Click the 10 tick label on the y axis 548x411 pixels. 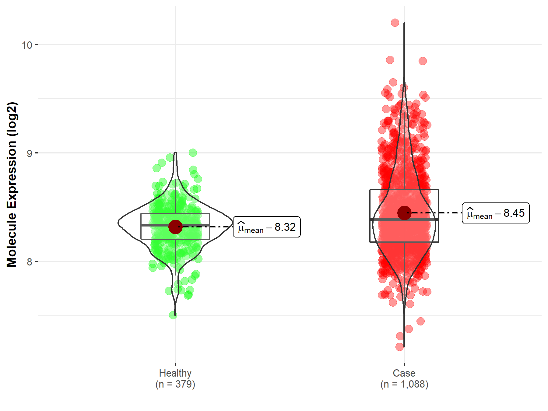click(27, 45)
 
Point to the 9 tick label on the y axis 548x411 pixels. click(29, 153)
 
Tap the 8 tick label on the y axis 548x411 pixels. click(29, 262)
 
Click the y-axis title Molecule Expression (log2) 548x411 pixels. click(12, 184)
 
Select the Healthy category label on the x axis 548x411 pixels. click(175, 373)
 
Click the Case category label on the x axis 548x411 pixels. click(404, 373)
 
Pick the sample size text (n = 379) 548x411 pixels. click(175, 384)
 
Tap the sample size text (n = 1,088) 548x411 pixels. click(404, 384)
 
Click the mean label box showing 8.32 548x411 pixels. click(267, 227)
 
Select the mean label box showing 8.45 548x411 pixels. click(496, 213)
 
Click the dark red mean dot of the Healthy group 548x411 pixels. click(175, 227)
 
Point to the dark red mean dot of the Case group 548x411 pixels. click(404, 213)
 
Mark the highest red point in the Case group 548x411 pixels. click(395, 23)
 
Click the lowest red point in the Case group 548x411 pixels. click(400, 347)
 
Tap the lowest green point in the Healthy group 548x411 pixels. click(173, 315)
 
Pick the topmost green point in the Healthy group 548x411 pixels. click(193, 153)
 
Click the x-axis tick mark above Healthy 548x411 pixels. click(175, 364)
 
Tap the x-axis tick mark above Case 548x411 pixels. click(404, 364)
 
